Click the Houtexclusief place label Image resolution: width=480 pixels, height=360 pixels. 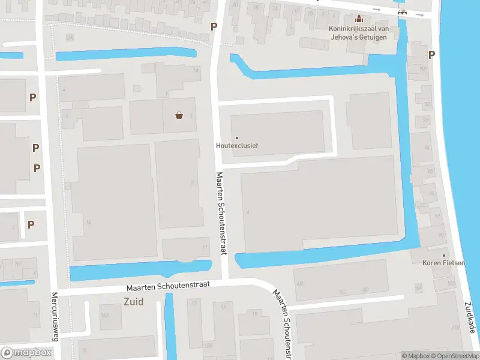236,145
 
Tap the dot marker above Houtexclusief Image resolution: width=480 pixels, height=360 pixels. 236,138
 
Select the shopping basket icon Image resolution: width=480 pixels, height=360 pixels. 179,115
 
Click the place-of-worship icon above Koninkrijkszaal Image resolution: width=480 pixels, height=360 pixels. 359,19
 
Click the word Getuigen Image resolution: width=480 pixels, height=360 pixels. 383,37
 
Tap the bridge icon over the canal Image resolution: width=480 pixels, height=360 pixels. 401,12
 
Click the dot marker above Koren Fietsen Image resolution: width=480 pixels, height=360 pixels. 445,255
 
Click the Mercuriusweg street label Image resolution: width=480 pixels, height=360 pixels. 54,316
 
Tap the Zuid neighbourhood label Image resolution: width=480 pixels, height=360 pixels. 133,301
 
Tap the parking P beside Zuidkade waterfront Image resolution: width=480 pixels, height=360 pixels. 431,55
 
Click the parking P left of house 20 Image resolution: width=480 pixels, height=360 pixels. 214,26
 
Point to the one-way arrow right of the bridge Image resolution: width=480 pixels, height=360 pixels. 419,14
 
